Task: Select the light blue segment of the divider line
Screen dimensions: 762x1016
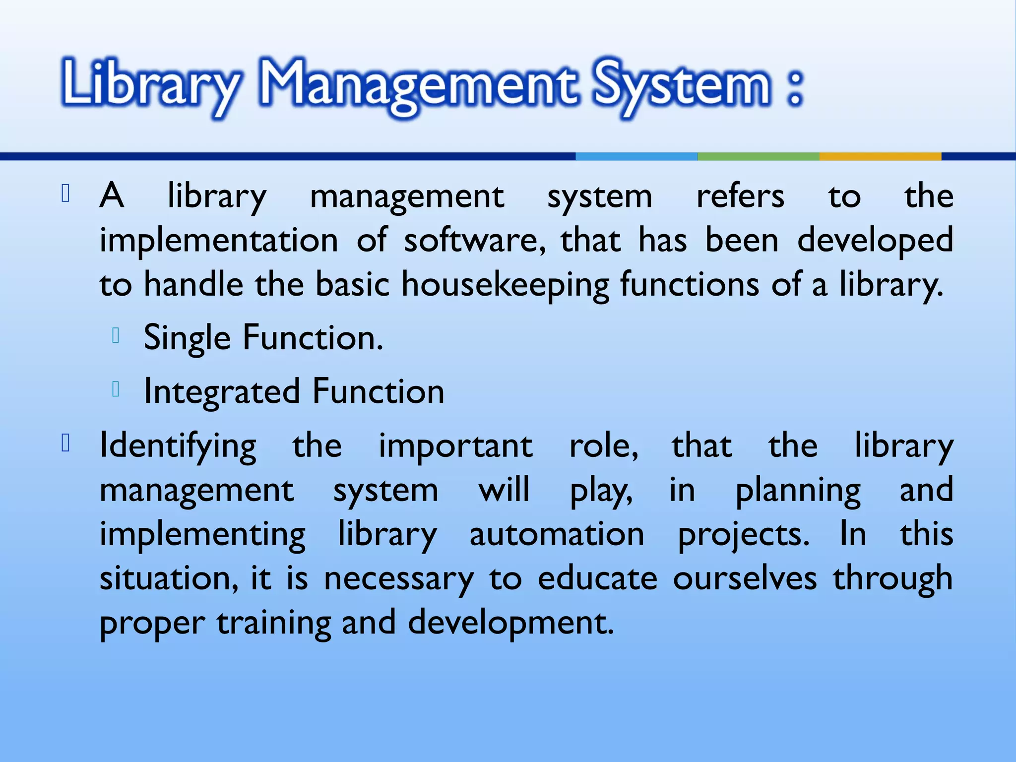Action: click(x=636, y=156)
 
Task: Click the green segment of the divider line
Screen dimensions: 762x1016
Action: click(x=758, y=156)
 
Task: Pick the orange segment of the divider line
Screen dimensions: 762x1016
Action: click(x=880, y=156)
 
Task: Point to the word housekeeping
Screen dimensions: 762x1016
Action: click(x=505, y=285)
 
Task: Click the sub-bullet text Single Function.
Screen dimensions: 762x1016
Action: click(x=263, y=338)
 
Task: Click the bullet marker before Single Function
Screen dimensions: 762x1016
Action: click(x=116, y=336)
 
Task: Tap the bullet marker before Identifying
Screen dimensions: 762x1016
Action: click(x=65, y=443)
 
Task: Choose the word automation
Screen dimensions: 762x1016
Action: click(x=557, y=534)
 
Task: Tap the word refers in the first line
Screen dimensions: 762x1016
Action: click(x=740, y=196)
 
